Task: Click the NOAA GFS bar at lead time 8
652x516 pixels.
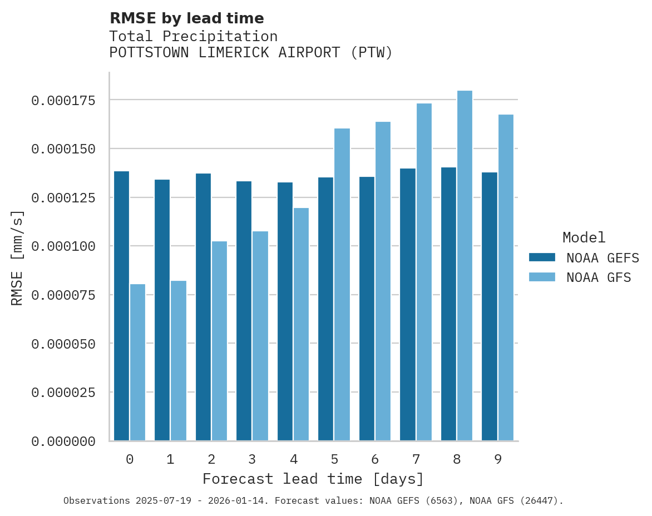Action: click(x=465, y=266)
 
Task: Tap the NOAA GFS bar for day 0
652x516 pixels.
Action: click(x=137, y=363)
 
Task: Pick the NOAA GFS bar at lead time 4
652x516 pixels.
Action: click(x=301, y=324)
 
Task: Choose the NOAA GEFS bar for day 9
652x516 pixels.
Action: click(x=490, y=306)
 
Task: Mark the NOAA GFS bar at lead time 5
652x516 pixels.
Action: click(x=342, y=285)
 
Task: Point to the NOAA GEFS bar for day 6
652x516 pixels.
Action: click(x=367, y=309)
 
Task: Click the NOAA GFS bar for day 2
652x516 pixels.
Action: click(x=219, y=341)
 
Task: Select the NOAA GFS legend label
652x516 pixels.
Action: click(x=599, y=277)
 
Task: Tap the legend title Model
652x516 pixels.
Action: click(x=584, y=237)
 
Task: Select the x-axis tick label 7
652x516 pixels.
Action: click(x=416, y=459)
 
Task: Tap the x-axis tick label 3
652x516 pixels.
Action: click(x=252, y=459)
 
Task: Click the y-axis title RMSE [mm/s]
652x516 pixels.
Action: click(x=17, y=258)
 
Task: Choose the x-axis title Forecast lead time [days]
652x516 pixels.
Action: click(x=313, y=479)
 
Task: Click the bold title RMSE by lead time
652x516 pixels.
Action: click(x=186, y=18)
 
